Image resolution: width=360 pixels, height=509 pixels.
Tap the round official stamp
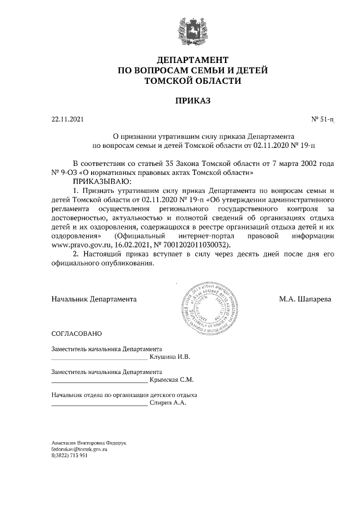tap(206, 306)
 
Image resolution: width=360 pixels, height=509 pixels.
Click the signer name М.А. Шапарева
tap(305, 299)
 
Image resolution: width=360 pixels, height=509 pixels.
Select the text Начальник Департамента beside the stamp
tap(94, 299)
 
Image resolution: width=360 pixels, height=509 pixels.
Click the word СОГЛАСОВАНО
tap(75, 334)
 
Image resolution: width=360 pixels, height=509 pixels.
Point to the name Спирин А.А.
tap(168, 403)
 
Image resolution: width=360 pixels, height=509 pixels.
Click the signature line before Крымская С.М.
tap(99, 382)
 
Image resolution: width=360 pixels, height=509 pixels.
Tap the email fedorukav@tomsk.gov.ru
tap(79, 450)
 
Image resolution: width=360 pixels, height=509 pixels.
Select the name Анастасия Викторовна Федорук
tap(89, 443)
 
